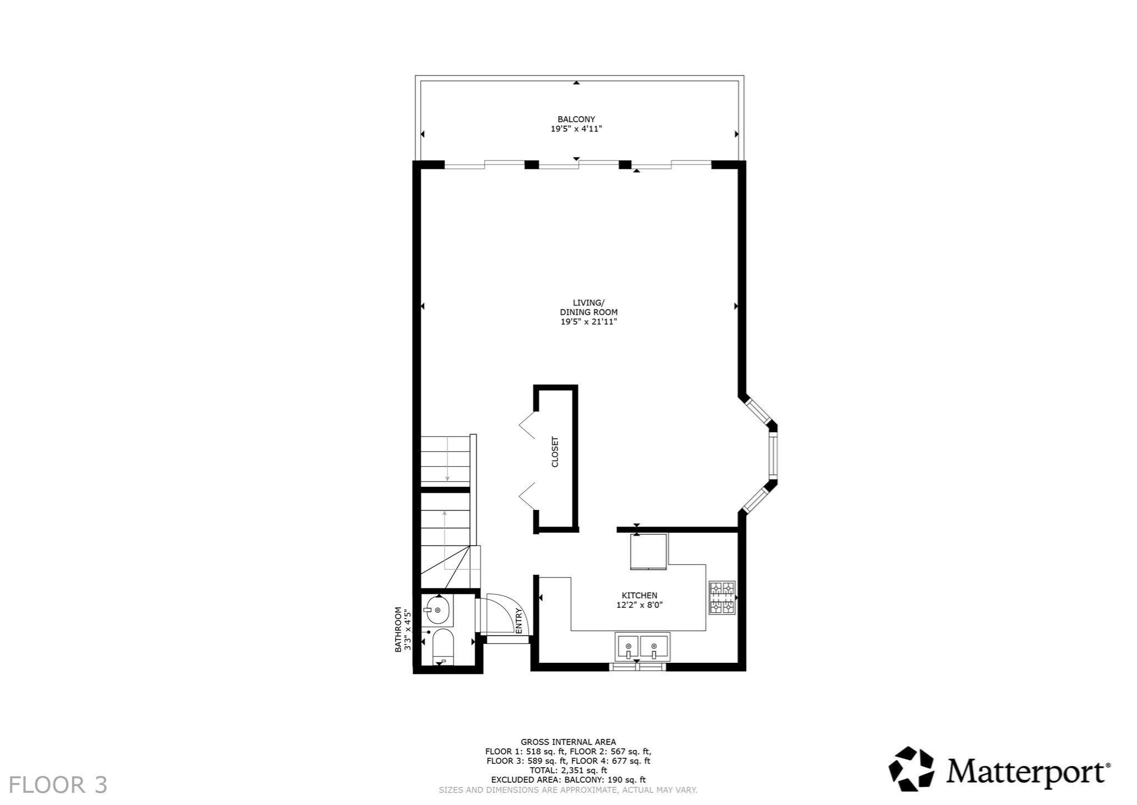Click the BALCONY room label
click(576, 119)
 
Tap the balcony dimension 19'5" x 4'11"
click(576, 129)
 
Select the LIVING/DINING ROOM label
click(588, 307)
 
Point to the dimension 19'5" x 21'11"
click(588, 322)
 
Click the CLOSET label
click(555, 452)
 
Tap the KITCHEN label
click(640, 596)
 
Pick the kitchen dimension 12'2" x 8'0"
click(640, 605)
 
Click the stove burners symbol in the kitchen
click(722, 598)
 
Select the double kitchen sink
click(642, 647)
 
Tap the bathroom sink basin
click(437, 610)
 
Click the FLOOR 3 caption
click(58, 785)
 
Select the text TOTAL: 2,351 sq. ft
click(568, 770)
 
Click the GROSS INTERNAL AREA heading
click(568, 742)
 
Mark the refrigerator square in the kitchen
click(648, 551)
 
